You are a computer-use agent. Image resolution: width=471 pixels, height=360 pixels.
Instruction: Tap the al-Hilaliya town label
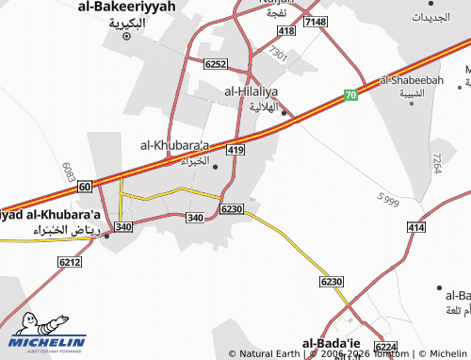pyautogui.click(x=254, y=91)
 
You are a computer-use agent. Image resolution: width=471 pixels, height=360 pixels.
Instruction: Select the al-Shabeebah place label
pyautogui.click(x=412, y=81)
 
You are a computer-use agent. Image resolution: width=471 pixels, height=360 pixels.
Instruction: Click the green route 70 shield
pyautogui.click(x=350, y=95)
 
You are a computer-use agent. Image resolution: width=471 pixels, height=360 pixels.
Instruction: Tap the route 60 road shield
pyautogui.click(x=84, y=187)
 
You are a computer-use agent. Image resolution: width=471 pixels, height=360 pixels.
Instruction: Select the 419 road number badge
pyautogui.click(x=235, y=150)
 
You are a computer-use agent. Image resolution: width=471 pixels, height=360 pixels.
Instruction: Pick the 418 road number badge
pyautogui.click(x=286, y=31)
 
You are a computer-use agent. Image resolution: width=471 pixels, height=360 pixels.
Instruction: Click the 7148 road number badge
pyautogui.click(x=316, y=22)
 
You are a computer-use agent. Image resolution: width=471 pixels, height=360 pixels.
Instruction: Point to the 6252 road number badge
pyautogui.click(x=215, y=63)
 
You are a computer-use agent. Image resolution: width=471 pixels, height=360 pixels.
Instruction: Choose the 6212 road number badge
pyautogui.click(x=70, y=261)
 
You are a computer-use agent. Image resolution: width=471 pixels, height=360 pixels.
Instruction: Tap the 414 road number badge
pyautogui.click(x=416, y=228)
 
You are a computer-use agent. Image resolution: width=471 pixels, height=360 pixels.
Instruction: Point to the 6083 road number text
pyautogui.click(x=69, y=171)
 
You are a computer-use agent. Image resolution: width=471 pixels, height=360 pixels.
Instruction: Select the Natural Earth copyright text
pyautogui.click(x=268, y=354)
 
